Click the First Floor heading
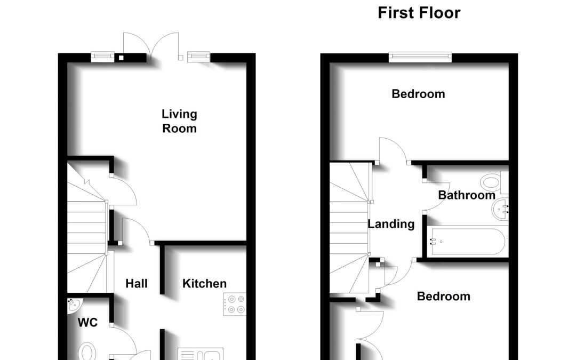(419, 13)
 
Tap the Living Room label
(179, 121)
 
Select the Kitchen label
(204, 284)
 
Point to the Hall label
(137, 284)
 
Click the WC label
(88, 323)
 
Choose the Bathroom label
(467, 195)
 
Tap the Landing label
(391, 224)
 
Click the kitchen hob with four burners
(235, 304)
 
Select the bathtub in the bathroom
(467, 242)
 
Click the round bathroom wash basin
(500, 210)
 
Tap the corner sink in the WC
(75, 306)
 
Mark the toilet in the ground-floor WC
(87, 351)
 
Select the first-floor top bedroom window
(420, 57)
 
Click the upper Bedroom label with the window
(419, 94)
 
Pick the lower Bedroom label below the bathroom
(443, 297)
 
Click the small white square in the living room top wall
(121, 58)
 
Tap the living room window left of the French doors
(102, 56)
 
